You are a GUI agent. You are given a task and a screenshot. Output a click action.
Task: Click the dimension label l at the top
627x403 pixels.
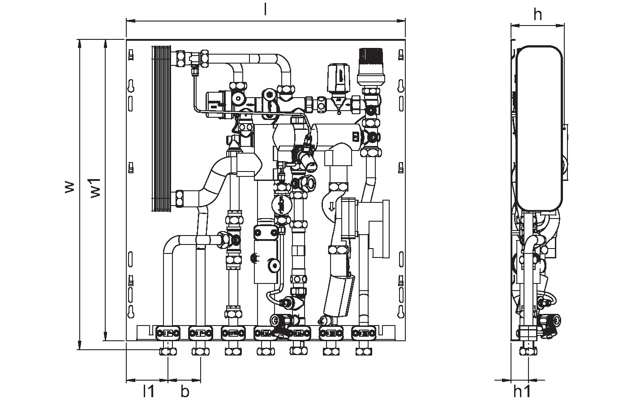click(265, 10)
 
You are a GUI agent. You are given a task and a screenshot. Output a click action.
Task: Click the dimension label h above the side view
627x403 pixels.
click(537, 15)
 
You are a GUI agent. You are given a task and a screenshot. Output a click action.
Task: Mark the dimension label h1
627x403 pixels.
click(522, 391)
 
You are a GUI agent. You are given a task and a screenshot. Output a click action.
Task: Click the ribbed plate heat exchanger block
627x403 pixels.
click(162, 128)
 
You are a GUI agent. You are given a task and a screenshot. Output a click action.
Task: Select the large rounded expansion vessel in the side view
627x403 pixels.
click(539, 129)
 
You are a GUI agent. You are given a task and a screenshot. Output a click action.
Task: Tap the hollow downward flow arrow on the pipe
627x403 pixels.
click(332, 206)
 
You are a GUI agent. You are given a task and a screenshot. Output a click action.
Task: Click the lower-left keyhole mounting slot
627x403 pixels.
click(131, 310)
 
